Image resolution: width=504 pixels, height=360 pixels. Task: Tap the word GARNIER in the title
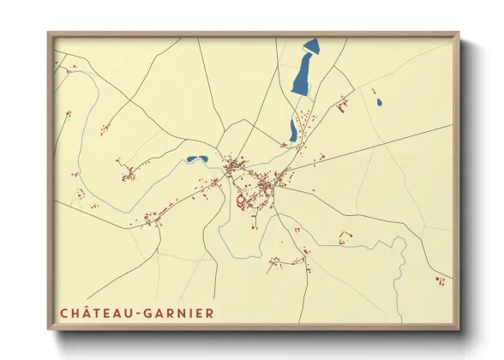pyautogui.click(x=180, y=313)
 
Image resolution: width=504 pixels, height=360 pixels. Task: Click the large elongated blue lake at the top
pyautogui.click(x=304, y=69)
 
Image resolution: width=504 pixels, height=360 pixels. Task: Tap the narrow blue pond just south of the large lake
pyautogui.click(x=293, y=130)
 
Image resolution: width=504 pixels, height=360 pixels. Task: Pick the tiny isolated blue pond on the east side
pyautogui.click(x=379, y=103)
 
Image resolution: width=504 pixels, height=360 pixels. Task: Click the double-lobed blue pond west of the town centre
pyautogui.click(x=197, y=159)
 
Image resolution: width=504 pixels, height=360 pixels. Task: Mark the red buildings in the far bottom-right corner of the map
pyautogui.click(x=440, y=279)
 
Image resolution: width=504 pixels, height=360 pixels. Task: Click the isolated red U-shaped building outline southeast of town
pyautogui.click(x=345, y=236)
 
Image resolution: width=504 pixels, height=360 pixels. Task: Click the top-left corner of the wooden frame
pyautogui.click(x=50, y=34)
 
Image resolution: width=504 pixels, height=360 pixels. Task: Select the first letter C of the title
pyautogui.click(x=64, y=313)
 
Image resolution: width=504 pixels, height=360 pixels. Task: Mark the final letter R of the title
pyautogui.click(x=210, y=313)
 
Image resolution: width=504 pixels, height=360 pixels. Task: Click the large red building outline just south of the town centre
pyautogui.click(x=243, y=202)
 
